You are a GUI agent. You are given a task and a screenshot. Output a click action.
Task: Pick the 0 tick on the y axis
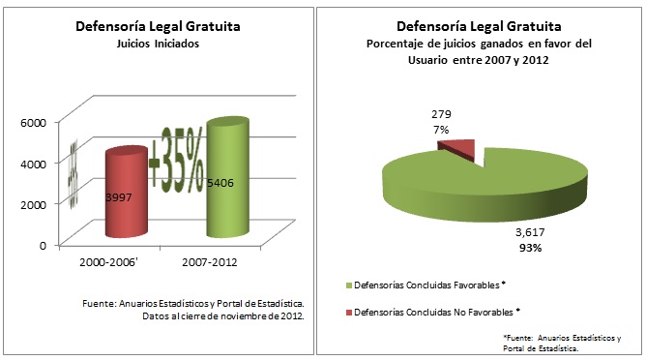43,245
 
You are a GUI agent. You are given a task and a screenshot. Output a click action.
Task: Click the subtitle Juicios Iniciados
158,44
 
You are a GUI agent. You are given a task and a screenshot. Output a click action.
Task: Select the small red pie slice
459,146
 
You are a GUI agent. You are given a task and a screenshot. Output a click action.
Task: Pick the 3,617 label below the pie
528,233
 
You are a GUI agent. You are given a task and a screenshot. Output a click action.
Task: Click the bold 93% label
528,248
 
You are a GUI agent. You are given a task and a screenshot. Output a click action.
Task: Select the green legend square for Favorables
349,285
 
